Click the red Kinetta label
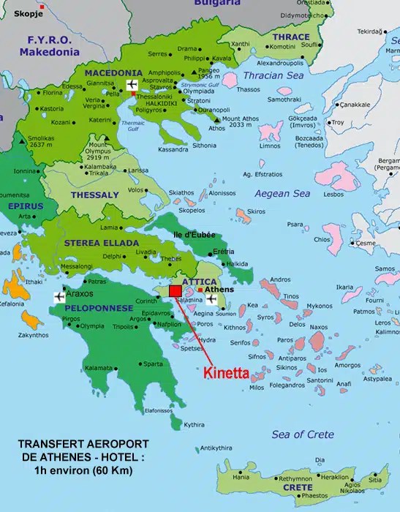click(225, 372)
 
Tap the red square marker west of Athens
click(176, 291)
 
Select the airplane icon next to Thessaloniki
click(132, 86)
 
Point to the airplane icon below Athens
click(212, 298)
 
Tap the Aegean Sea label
click(282, 194)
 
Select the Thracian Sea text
click(273, 76)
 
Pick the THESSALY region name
click(94, 195)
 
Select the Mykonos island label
click(319, 306)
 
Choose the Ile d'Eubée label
click(194, 234)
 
